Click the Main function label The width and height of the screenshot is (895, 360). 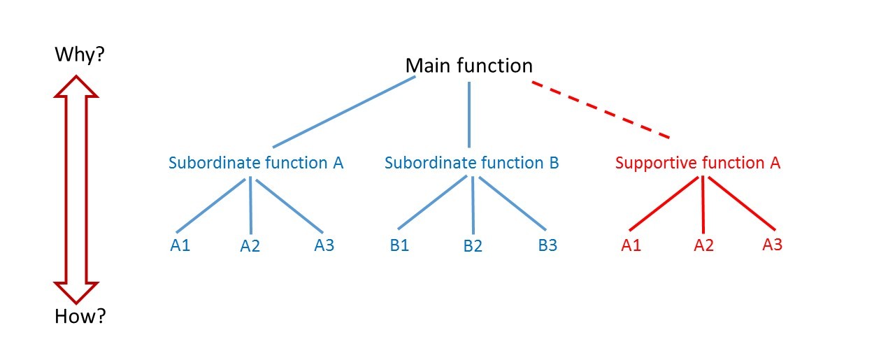click(x=468, y=66)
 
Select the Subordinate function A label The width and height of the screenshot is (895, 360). click(x=256, y=163)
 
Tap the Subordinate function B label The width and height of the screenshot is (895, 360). click(x=471, y=163)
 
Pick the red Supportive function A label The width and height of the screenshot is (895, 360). click(x=698, y=163)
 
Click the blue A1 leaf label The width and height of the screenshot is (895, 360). click(x=180, y=245)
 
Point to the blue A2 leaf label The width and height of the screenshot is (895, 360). click(x=250, y=246)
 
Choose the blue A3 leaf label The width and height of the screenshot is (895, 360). click(x=324, y=245)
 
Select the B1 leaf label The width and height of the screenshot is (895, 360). click(x=399, y=245)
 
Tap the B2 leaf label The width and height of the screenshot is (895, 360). click(x=473, y=246)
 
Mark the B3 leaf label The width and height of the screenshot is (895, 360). click(x=547, y=245)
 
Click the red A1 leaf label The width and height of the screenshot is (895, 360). click(x=631, y=245)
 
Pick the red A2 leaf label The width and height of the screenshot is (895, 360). click(x=704, y=245)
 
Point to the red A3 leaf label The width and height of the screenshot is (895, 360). click(x=773, y=244)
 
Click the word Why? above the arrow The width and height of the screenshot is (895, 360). click(x=80, y=55)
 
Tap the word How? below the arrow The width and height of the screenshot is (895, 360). click(x=80, y=316)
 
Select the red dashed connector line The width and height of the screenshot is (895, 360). click(x=601, y=110)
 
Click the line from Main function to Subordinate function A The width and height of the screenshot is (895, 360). click(x=344, y=112)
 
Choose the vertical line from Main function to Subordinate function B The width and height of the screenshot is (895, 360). click(x=469, y=115)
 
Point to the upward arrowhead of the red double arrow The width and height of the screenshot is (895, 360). click(x=76, y=86)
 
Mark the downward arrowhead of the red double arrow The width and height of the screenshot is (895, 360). click(x=76, y=293)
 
